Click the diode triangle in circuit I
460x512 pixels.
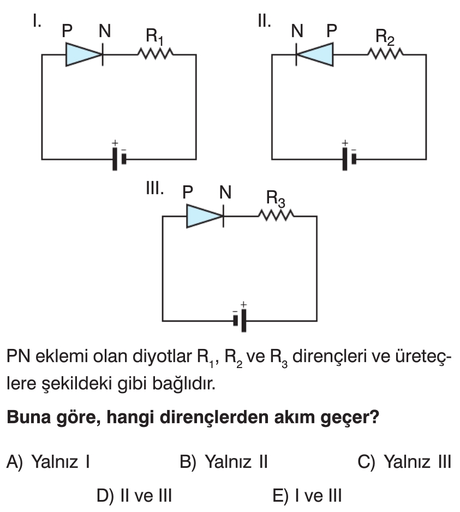point(83,55)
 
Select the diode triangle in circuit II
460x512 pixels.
point(315,55)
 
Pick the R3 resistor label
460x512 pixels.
point(275,198)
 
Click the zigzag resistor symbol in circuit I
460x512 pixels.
point(156,54)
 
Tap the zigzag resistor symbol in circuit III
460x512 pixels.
point(277,216)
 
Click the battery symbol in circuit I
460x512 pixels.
point(120,159)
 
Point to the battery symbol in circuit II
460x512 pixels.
point(349,159)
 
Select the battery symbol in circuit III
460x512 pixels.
point(240,320)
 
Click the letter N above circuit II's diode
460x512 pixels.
point(297,32)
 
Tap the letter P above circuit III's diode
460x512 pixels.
point(188,192)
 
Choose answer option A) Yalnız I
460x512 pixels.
point(48,462)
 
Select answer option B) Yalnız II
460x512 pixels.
point(223,462)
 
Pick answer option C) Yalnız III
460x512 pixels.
point(404,462)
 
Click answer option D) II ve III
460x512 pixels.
point(134,496)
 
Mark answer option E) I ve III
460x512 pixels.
point(307,496)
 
